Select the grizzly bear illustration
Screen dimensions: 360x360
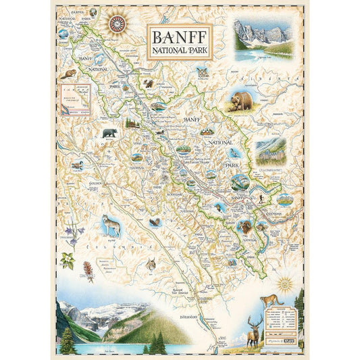coord(241,100)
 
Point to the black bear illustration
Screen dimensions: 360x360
coord(109,133)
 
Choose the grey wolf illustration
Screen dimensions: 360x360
coord(111,225)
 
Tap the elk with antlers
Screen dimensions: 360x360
coord(255,329)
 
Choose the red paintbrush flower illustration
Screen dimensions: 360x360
coord(87,271)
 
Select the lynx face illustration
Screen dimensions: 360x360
coord(151,264)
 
